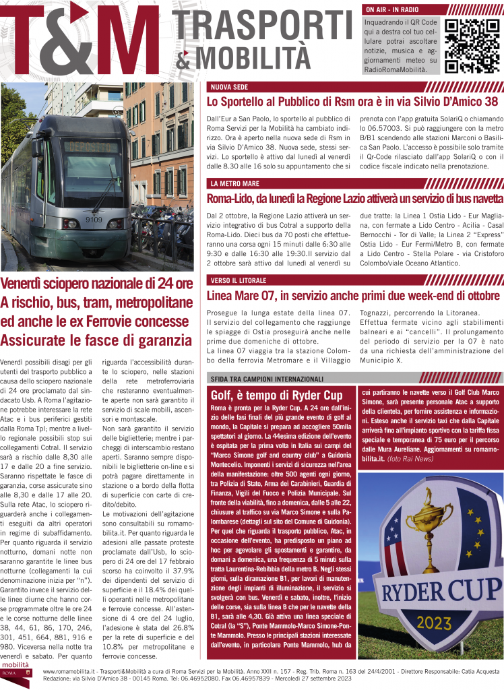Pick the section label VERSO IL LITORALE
click(x=238, y=280)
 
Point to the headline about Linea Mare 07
click(x=352, y=295)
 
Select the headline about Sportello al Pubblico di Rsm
click(x=352, y=102)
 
